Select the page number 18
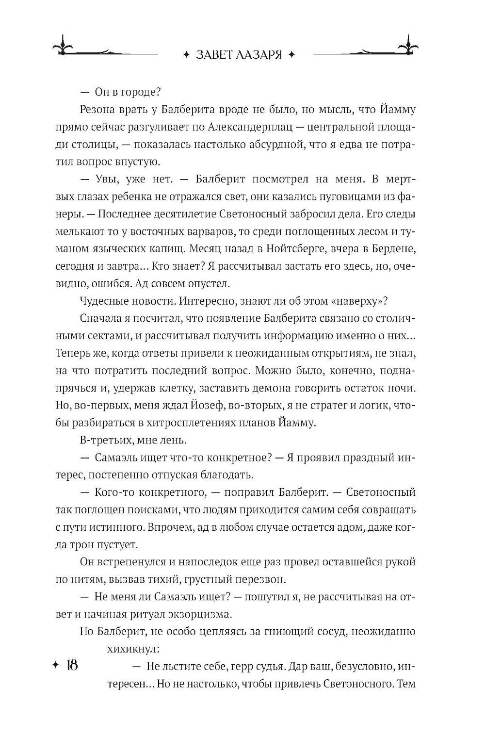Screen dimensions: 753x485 click(69, 665)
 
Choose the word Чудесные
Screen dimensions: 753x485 click(102, 300)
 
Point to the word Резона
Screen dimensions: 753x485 click(95, 111)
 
